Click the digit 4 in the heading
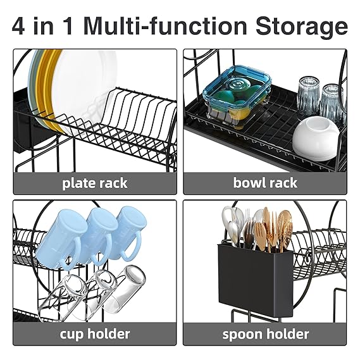click(18, 26)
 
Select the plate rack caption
click(95, 183)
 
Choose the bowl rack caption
click(265, 183)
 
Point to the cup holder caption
click(95, 334)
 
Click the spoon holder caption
click(265, 334)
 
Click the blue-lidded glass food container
click(237, 96)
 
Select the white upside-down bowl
click(316, 138)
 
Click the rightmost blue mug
click(128, 232)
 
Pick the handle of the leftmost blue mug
click(71, 255)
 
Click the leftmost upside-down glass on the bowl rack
click(309, 96)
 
